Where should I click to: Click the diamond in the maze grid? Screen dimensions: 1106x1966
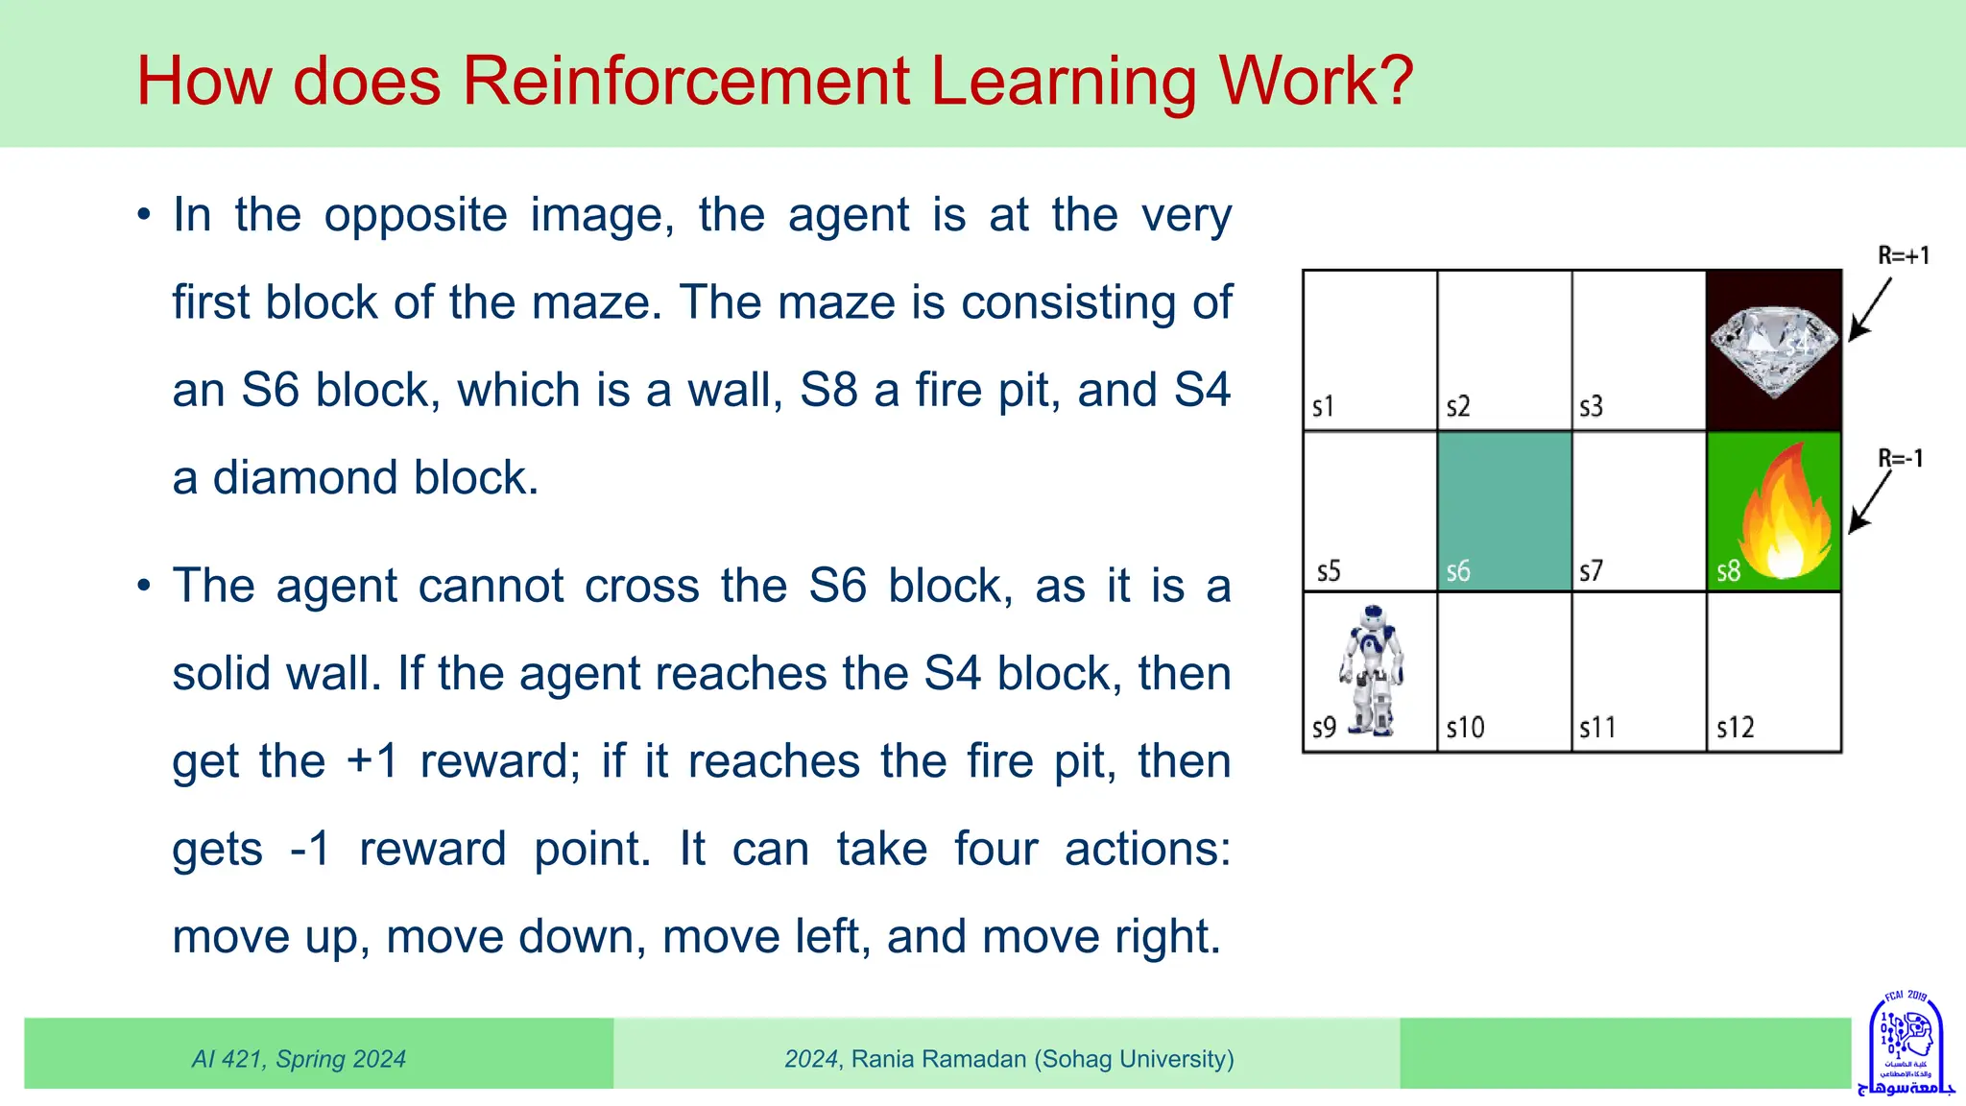pyautogui.click(x=1773, y=349)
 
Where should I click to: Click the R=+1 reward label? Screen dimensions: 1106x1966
pyautogui.click(x=1903, y=255)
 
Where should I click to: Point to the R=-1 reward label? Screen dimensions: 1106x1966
pyautogui.click(x=1901, y=458)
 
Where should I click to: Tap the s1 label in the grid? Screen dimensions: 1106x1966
pyautogui.click(x=1323, y=407)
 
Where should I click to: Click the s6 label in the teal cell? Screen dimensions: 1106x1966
pyautogui.click(x=1458, y=571)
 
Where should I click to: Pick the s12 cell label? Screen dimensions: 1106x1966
pyautogui.click(x=1735, y=728)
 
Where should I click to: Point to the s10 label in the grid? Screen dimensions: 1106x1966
pyautogui.click(x=1465, y=728)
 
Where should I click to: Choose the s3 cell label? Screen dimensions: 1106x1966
pyautogui.click(x=1591, y=407)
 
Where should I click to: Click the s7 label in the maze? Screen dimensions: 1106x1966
pyautogui.click(x=1591, y=571)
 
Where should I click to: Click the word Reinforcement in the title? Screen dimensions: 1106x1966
pyautogui.click(x=685, y=81)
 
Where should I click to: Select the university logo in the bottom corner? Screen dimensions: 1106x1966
pyautogui.click(x=1906, y=1044)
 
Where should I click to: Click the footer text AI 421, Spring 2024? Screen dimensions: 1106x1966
pyautogui.click(x=299, y=1059)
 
